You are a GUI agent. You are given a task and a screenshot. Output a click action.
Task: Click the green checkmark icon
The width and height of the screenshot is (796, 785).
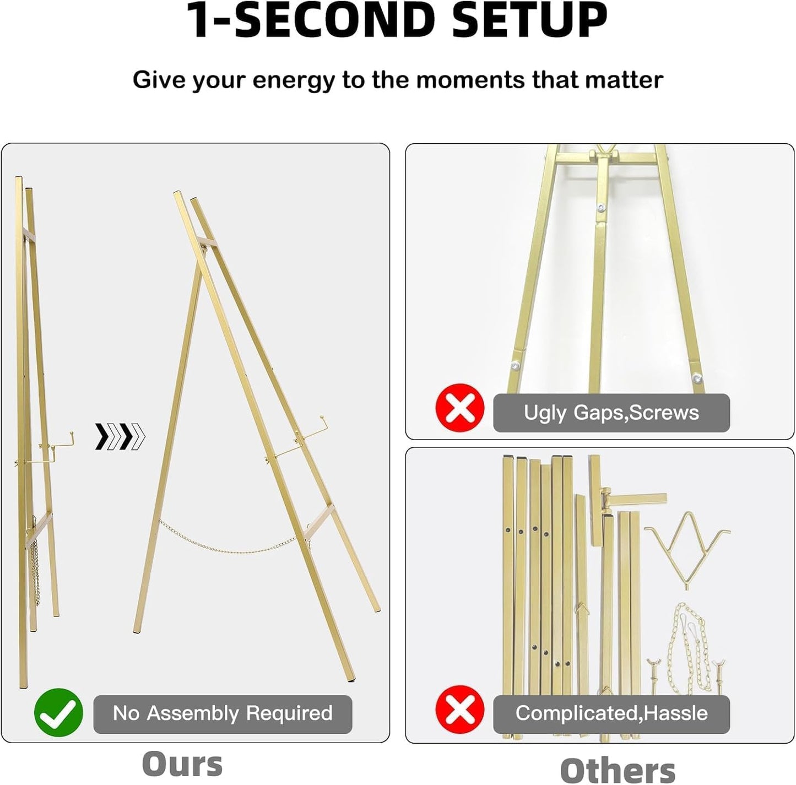pyautogui.click(x=58, y=713)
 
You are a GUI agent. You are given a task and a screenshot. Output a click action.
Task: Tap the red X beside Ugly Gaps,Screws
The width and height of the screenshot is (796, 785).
pyautogui.click(x=460, y=408)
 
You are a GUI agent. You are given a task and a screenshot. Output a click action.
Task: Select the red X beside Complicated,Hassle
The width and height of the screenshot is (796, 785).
pyautogui.click(x=460, y=710)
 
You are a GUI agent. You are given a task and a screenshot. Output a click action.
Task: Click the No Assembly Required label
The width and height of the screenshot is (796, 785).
pyautogui.click(x=223, y=713)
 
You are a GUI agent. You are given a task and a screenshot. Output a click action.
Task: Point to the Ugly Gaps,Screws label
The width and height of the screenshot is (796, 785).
pyautogui.click(x=611, y=413)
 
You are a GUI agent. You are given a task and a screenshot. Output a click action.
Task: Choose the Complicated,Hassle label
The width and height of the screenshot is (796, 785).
pyautogui.click(x=611, y=713)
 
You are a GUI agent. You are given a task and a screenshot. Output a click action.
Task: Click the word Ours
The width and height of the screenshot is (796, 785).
pyautogui.click(x=182, y=764)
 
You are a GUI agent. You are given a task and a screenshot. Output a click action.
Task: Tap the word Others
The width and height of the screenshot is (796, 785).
pyautogui.click(x=618, y=770)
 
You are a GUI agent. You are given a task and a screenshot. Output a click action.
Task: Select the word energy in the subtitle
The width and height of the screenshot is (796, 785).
pyautogui.click(x=293, y=80)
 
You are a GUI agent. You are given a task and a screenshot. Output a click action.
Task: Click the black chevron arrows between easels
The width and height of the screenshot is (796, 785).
pyautogui.click(x=120, y=437)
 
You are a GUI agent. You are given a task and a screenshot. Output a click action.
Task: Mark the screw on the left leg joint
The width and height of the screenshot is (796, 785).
pyautogui.click(x=515, y=365)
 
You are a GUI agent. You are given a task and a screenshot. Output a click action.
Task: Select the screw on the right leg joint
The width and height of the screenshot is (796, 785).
pyautogui.click(x=697, y=378)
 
